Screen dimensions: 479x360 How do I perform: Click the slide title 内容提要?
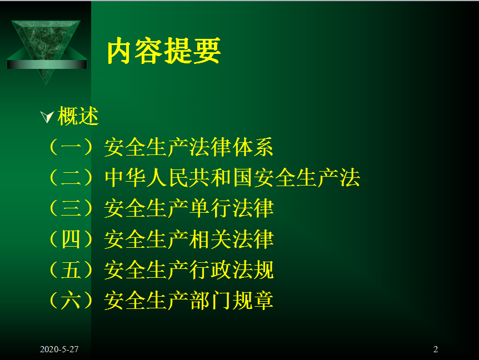coord(164,51)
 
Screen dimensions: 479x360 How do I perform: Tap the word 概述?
coord(78,116)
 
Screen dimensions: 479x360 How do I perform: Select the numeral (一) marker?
coord(71,147)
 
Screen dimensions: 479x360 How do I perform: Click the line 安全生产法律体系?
coord(188,147)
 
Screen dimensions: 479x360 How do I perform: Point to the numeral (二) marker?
coord(71,177)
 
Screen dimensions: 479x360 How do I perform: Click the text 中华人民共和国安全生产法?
coord(232,178)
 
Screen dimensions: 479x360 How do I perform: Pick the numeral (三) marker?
coord(71,208)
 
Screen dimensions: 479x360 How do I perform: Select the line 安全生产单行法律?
coord(189,208)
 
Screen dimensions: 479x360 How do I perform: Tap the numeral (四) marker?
coord(71,239)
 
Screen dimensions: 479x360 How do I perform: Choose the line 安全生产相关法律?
coord(189,239)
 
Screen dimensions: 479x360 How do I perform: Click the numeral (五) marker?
coord(71,269)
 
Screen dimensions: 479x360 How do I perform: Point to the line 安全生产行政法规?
coord(189,270)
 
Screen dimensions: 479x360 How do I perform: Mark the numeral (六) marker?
coord(71,301)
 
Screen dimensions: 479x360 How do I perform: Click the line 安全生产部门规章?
coord(188,301)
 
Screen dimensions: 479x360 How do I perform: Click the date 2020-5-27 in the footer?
coord(59,349)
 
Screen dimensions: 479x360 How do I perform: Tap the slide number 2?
coord(436,349)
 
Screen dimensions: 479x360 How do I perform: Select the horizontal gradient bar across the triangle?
coord(47,64)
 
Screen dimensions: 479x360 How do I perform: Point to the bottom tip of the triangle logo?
coord(46,85)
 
